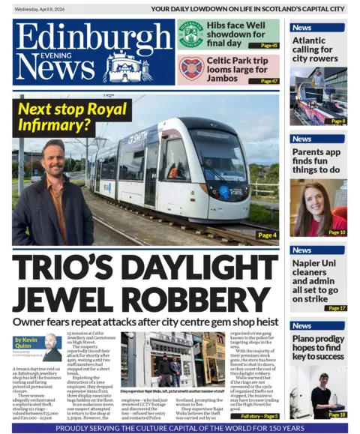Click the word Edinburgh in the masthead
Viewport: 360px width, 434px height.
click(x=91, y=35)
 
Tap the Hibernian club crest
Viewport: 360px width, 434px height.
click(x=190, y=34)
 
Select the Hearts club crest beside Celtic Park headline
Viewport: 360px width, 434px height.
click(x=190, y=69)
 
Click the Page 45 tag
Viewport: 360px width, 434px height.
click(x=268, y=46)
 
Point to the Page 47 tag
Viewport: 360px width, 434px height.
click(x=268, y=81)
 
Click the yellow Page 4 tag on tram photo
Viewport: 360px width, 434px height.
click(x=266, y=235)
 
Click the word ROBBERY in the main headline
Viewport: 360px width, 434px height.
click(x=214, y=299)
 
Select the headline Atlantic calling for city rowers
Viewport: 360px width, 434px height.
click(x=316, y=49)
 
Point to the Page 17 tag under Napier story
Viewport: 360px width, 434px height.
click(x=337, y=308)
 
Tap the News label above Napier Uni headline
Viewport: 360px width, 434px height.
click(x=302, y=250)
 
